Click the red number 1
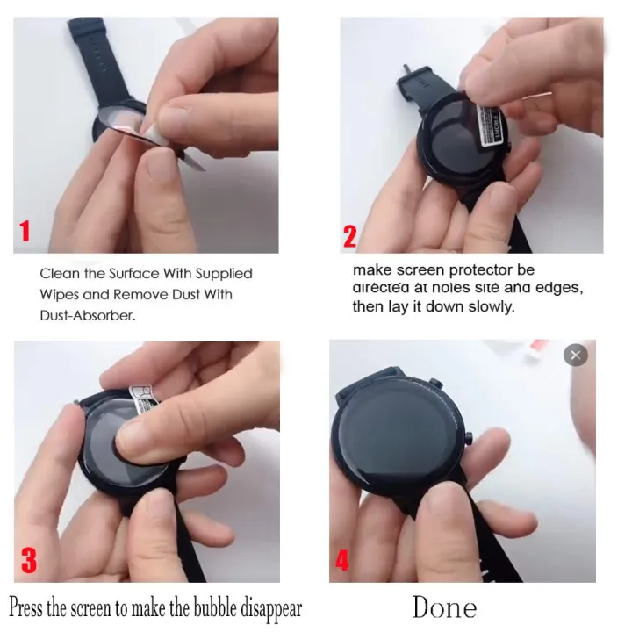[25, 232]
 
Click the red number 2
[349, 234]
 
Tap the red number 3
[28, 560]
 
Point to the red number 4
[341, 560]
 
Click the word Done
[444, 607]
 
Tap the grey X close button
[575, 355]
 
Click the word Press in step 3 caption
[26, 608]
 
